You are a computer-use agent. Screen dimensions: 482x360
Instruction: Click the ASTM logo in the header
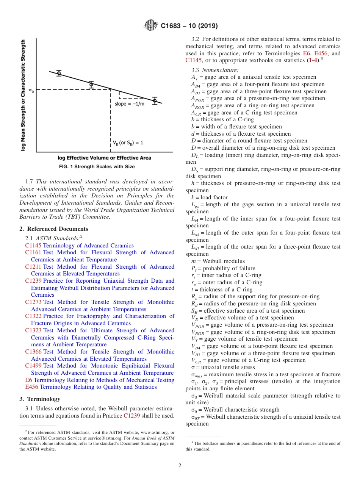(x=151, y=26)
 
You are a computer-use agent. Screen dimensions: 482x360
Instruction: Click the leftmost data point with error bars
(x=59, y=73)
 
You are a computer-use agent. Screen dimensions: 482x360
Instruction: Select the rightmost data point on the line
(x=155, y=101)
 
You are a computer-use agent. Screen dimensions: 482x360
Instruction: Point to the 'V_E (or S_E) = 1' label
(x=128, y=143)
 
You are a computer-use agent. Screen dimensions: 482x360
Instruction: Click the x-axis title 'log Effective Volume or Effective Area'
(x=104, y=158)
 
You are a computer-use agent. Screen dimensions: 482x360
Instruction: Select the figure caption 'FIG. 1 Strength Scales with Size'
(x=97, y=167)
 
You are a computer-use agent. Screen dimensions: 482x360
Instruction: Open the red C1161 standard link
(x=33, y=252)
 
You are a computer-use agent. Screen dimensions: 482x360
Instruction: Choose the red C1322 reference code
(x=33, y=316)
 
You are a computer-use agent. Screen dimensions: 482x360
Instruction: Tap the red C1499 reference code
(x=33, y=366)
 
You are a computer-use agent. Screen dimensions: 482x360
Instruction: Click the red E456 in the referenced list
(x=32, y=387)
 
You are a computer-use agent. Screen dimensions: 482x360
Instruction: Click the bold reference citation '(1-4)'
(x=313, y=60)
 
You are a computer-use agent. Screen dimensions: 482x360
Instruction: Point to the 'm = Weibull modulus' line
(x=218, y=261)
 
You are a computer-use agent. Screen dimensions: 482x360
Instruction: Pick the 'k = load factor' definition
(x=210, y=197)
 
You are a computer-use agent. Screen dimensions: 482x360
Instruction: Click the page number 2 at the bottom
(x=180, y=466)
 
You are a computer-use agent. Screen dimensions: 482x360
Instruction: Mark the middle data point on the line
(x=91, y=85)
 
